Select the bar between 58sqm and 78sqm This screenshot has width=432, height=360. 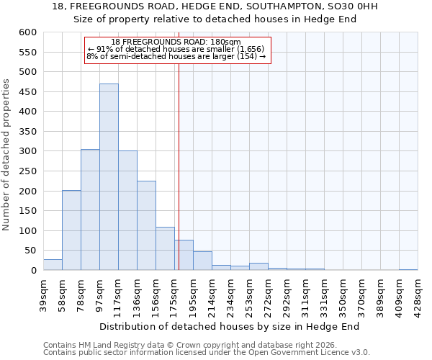tap(71, 230)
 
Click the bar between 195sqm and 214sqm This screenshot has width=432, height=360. tap(202, 261)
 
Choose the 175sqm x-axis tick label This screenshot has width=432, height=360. tap(174, 295)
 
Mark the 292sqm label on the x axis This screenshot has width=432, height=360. tap(287, 295)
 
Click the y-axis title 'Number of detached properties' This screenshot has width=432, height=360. tap(6, 155)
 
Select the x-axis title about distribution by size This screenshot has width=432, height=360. tap(229, 326)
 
